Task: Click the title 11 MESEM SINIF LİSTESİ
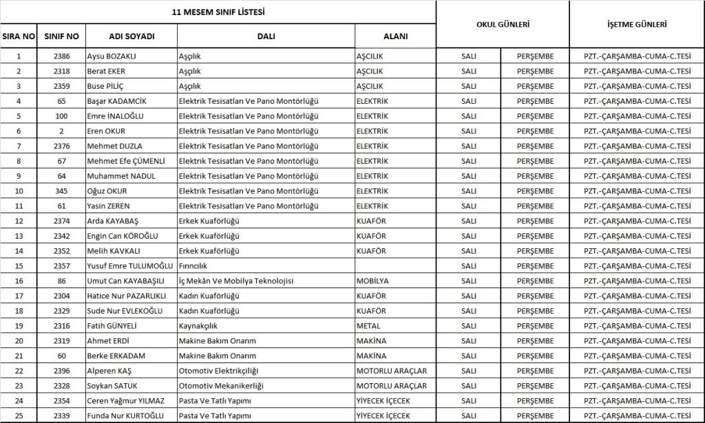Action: coord(218,12)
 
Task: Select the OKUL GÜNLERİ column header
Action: coord(503,24)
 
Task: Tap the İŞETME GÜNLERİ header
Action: coord(637,24)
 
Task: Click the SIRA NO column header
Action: coord(19,36)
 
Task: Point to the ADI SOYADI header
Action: coord(131,36)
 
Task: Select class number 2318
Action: coord(61,71)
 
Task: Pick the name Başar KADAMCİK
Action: coord(116,101)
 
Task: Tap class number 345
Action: coord(61,191)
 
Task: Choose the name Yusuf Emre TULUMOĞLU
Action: coord(129,266)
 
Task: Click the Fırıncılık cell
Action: coord(193,266)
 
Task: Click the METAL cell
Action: coord(368,326)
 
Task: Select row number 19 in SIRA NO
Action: coord(19,326)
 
